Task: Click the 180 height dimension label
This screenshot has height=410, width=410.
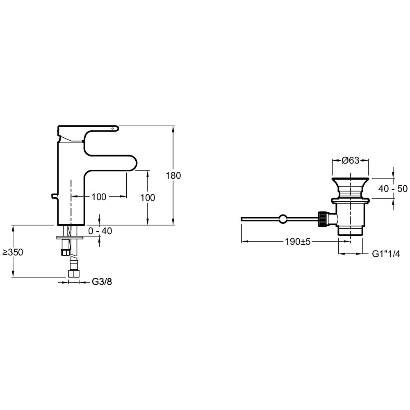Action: click(173, 175)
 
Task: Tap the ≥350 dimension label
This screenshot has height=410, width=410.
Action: click(13, 252)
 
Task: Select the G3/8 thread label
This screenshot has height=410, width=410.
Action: click(101, 282)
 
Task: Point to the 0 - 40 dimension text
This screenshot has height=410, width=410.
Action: click(100, 231)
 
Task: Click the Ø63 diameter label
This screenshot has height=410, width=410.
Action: click(351, 161)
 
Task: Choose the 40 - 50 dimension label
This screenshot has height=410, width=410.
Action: click(393, 189)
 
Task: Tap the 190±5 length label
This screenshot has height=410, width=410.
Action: click(298, 242)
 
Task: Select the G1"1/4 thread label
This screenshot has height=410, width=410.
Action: click(386, 254)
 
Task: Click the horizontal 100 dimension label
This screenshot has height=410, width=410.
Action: click(99, 197)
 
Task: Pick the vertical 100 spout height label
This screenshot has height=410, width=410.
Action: click(147, 198)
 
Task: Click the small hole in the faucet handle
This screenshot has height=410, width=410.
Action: click(112, 128)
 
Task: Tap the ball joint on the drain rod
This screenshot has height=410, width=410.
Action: click(282, 219)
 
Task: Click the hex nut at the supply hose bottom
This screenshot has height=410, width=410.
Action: click(73, 274)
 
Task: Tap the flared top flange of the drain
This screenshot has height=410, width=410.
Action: click(351, 181)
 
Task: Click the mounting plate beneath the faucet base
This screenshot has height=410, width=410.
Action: click(69, 237)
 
